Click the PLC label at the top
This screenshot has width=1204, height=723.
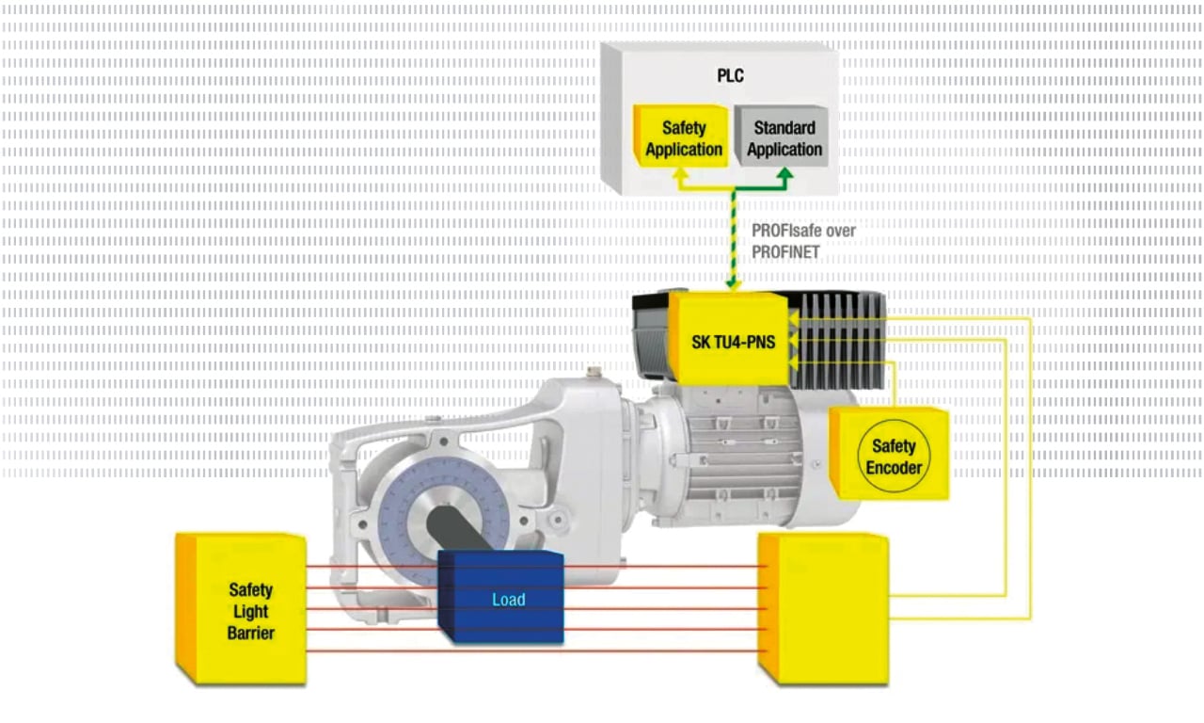[x=730, y=75]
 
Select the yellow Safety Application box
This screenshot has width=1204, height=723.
[x=684, y=138]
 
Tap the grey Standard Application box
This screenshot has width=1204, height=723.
[x=784, y=138]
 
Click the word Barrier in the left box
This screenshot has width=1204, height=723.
[x=250, y=633]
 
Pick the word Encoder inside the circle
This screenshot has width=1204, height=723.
[x=894, y=467]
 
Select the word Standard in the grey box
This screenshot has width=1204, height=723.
[x=784, y=128]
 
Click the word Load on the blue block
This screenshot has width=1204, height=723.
[x=508, y=600]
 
